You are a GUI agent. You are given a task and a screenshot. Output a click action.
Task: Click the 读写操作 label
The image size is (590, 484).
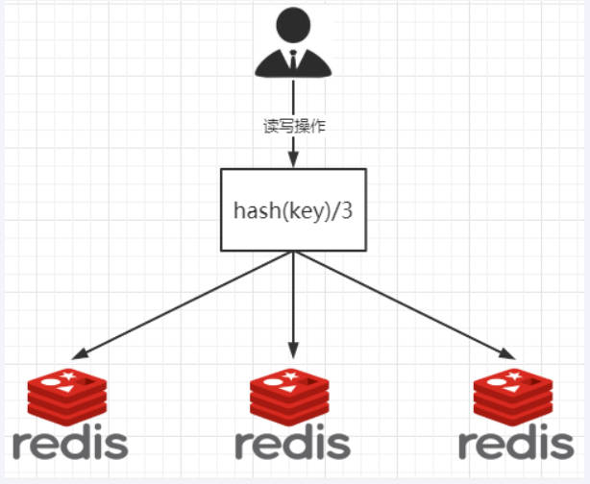pyautogui.click(x=293, y=126)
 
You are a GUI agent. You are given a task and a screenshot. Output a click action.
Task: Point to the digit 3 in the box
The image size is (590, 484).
pyautogui.click(x=347, y=209)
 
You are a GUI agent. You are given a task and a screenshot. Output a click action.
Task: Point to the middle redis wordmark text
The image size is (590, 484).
pyautogui.click(x=292, y=444)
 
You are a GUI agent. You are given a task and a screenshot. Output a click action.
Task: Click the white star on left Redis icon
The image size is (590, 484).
pyautogui.click(x=69, y=373)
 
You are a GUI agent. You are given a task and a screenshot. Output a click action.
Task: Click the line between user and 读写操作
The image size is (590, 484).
pyautogui.click(x=293, y=96)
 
